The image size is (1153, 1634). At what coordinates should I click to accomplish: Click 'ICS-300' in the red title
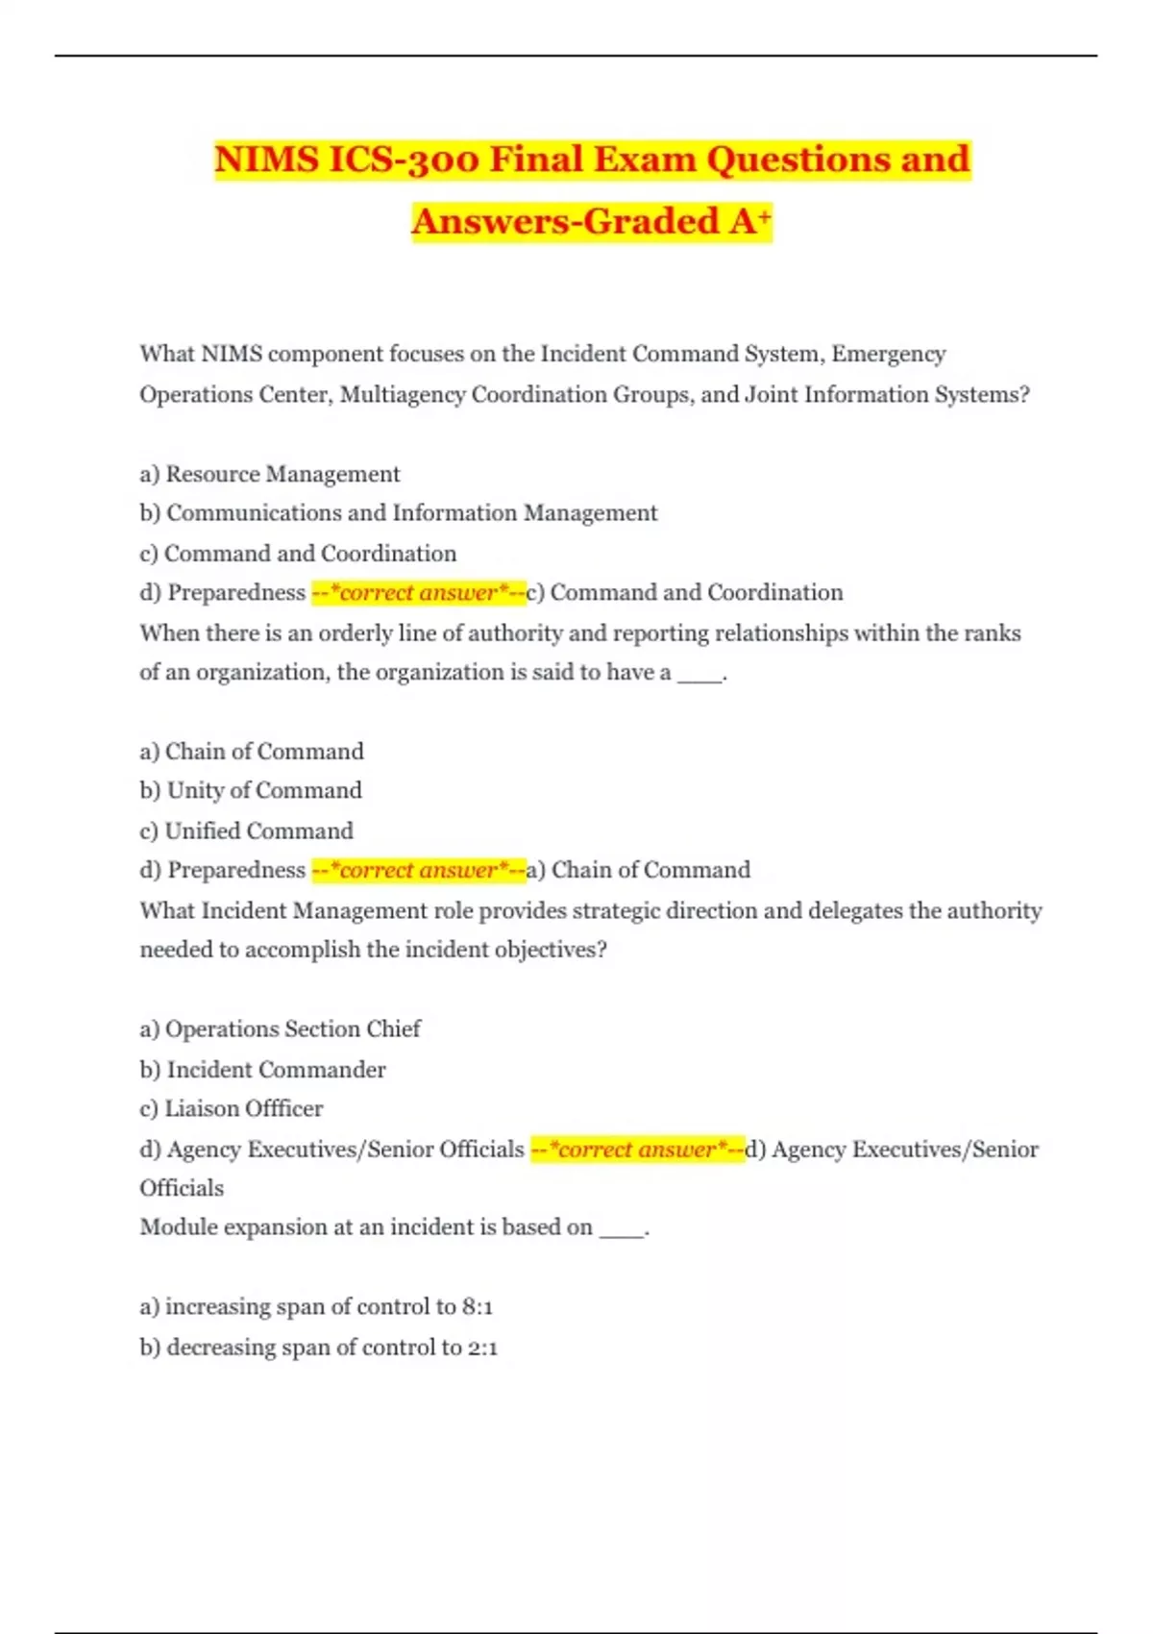point(403,160)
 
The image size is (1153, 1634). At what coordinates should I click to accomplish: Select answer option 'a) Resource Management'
point(270,474)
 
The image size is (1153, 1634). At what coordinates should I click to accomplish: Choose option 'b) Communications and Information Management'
point(399,513)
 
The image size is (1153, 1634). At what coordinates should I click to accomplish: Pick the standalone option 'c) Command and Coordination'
point(298,554)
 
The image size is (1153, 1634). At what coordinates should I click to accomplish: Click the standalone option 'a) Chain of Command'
point(252,752)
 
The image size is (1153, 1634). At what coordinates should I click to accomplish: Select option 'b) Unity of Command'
point(251,790)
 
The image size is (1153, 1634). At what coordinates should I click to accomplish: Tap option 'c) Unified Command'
point(246,830)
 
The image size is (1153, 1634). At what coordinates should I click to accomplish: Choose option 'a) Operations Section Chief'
point(280,1029)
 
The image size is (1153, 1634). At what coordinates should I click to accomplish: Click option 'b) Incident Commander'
point(262,1070)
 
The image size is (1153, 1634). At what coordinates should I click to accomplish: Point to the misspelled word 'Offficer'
point(284,1109)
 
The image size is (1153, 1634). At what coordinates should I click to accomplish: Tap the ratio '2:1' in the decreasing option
point(483,1348)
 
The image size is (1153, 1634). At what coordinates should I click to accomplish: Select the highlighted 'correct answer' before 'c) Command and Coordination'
point(419,593)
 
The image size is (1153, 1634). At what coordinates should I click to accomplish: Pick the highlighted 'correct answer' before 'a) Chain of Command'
point(419,871)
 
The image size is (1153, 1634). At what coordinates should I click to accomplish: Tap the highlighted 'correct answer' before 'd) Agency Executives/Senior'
point(637,1150)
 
